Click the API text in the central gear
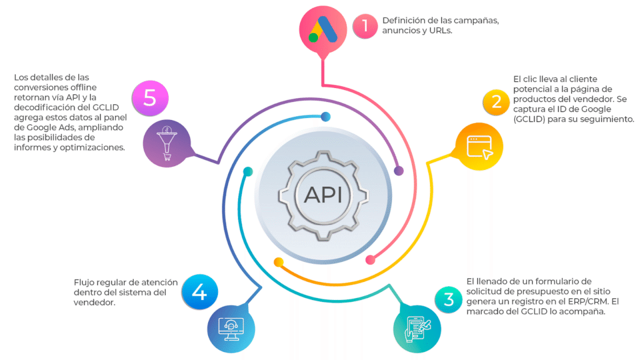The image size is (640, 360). click(323, 194)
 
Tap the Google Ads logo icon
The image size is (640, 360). click(323, 29)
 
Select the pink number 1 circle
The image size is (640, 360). click(365, 26)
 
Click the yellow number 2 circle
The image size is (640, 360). click(496, 102)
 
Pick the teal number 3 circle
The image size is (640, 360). click(448, 299)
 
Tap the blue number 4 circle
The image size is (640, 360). click(199, 292)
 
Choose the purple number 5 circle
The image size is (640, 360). click(150, 98)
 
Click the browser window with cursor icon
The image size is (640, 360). click(479, 147)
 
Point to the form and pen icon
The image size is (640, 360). click(417, 329)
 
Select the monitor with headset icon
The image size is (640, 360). click(231, 329)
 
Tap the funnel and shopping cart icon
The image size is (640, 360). click(166, 143)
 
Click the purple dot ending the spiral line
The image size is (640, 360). click(399, 171)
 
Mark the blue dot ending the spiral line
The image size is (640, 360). click(326, 117)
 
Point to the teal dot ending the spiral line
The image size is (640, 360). click(247, 172)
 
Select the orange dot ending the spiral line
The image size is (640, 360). click(279, 262)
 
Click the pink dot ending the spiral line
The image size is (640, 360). click(370, 259)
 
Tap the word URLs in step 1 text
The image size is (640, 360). click(441, 31)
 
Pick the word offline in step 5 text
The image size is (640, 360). click(83, 87)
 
